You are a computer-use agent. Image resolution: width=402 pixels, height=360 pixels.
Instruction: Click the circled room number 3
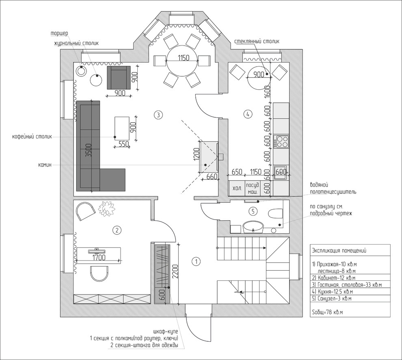[x=158, y=115]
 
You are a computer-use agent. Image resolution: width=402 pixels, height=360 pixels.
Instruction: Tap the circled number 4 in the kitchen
[x=248, y=114]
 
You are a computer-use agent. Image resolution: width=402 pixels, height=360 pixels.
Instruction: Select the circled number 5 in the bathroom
[x=253, y=211]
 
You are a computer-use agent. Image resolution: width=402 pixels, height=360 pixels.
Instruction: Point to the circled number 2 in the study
[x=117, y=230]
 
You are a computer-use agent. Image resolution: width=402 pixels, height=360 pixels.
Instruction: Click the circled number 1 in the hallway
[x=196, y=262]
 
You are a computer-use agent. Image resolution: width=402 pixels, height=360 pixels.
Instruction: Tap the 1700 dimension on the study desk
[x=99, y=257]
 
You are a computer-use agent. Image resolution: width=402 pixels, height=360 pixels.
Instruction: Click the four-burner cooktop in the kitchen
[x=281, y=142]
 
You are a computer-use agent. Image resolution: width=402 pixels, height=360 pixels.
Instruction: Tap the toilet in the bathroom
[x=275, y=213]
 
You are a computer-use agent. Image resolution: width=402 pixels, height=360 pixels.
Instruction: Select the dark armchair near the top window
[x=119, y=78]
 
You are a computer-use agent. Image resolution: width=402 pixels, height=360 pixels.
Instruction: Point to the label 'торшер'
[x=59, y=34]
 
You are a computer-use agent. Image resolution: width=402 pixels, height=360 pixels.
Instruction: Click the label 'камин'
[x=45, y=165]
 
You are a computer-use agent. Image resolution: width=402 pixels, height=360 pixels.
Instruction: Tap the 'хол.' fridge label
[x=237, y=189]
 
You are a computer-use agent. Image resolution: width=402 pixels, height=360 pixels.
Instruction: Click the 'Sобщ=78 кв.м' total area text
[x=327, y=312]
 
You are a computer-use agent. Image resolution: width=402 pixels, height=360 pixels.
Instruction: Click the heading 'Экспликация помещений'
[x=339, y=251]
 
